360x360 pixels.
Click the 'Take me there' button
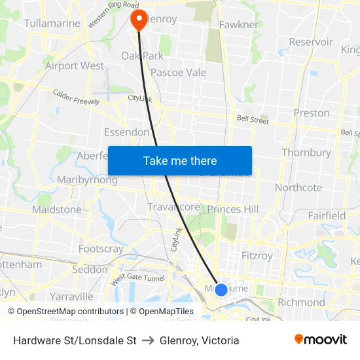(180, 160)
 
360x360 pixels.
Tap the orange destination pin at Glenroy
(139, 19)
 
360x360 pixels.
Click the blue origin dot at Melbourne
(221, 289)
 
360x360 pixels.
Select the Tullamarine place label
(52, 24)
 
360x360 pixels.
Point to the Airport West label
(74, 65)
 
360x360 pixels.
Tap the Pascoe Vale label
(178, 73)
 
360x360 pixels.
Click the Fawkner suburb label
(240, 24)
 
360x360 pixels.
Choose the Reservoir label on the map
(312, 42)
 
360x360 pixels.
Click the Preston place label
(312, 113)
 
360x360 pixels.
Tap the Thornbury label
(306, 153)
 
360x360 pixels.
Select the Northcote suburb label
(298, 187)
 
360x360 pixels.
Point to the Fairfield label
(327, 215)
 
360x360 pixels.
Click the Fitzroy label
(257, 255)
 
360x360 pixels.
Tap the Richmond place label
(301, 302)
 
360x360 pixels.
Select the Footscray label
(101, 249)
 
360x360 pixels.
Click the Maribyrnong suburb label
(87, 180)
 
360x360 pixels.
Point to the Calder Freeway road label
(76, 98)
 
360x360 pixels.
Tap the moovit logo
(320, 340)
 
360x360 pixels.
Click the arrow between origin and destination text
(148, 340)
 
